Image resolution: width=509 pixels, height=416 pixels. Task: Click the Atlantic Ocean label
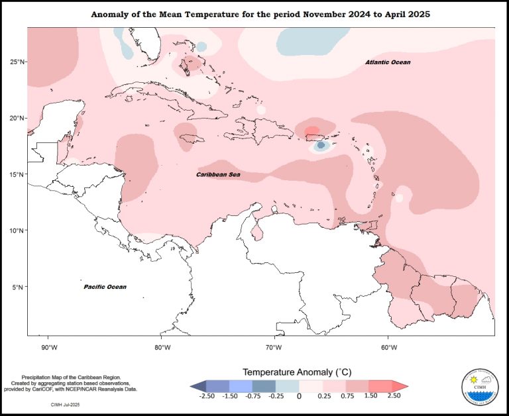point(388,62)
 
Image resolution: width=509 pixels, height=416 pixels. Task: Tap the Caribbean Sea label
point(218,175)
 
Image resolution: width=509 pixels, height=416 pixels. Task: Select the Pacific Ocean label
point(105,287)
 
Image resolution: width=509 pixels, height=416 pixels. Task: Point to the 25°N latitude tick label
point(17,62)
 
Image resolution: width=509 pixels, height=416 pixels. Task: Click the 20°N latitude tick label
point(17,118)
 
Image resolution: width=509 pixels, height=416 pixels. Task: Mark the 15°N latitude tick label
point(17,174)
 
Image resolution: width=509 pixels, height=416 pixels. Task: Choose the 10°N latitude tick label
point(17,231)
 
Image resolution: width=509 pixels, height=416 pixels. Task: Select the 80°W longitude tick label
point(162,346)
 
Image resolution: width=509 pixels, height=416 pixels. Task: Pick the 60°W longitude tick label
point(388,346)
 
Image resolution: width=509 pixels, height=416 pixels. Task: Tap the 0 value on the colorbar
point(299,396)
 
